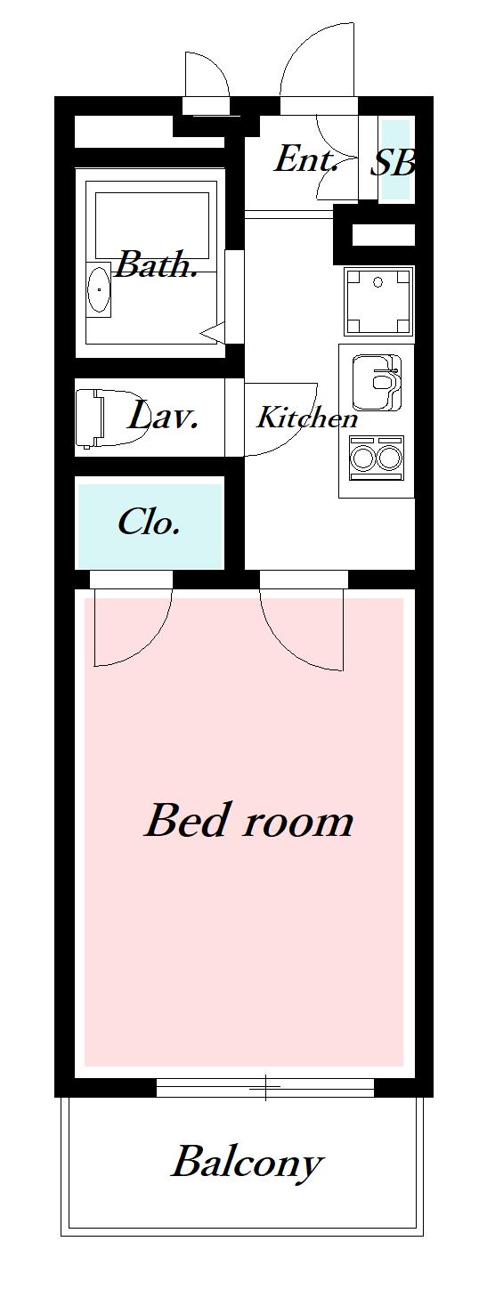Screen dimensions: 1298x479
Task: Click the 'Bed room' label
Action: pyautogui.click(x=248, y=820)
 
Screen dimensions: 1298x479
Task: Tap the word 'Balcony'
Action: pyautogui.click(x=246, y=1162)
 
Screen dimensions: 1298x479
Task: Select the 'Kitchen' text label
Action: pyautogui.click(x=307, y=418)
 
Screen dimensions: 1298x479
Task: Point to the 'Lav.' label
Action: pyautogui.click(x=162, y=416)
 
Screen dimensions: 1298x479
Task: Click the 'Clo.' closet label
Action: pyautogui.click(x=149, y=522)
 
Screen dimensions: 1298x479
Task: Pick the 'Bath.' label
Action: pyautogui.click(x=157, y=264)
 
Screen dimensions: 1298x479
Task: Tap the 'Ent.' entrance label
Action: pyautogui.click(x=305, y=160)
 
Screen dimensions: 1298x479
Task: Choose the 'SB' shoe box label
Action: pyautogui.click(x=393, y=162)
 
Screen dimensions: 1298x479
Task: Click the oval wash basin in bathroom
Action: pyautogui.click(x=98, y=290)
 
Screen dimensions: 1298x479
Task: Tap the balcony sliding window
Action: pyautogui.click(x=265, y=1086)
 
